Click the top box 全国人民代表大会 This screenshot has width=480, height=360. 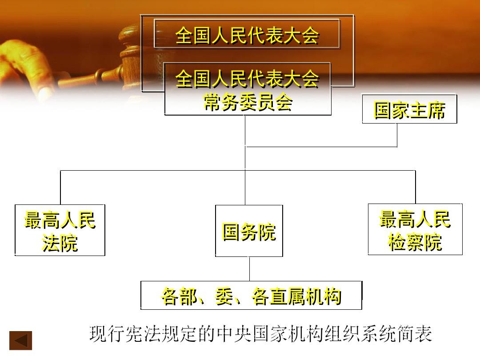247,34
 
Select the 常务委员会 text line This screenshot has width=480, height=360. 248,102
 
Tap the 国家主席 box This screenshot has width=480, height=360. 410,109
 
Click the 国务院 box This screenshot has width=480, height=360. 249,231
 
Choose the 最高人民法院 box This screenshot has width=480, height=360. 60,230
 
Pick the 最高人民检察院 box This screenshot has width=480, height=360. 415,229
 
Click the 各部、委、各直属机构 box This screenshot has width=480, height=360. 251,296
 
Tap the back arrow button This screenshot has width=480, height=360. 20,340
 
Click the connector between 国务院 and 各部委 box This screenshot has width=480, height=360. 249,269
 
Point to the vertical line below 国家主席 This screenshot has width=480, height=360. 397,135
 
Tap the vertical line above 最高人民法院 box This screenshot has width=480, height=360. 60,188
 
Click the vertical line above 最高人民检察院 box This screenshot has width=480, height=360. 416,187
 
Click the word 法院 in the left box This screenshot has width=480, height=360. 60,244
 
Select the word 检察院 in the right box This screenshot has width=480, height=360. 415,242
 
